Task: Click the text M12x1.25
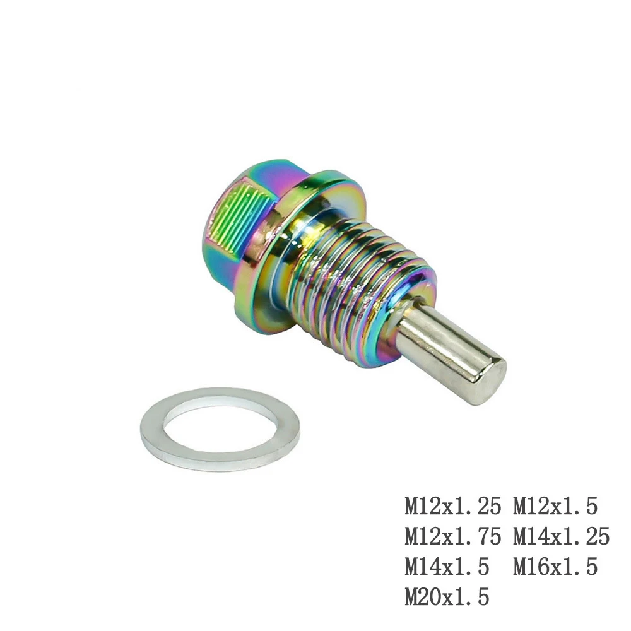(x=453, y=506)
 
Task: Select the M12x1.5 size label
(x=555, y=506)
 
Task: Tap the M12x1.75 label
(x=453, y=536)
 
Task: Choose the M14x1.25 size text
(x=562, y=536)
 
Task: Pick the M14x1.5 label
(x=447, y=567)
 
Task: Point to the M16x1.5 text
(x=555, y=567)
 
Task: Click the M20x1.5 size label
(x=447, y=597)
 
